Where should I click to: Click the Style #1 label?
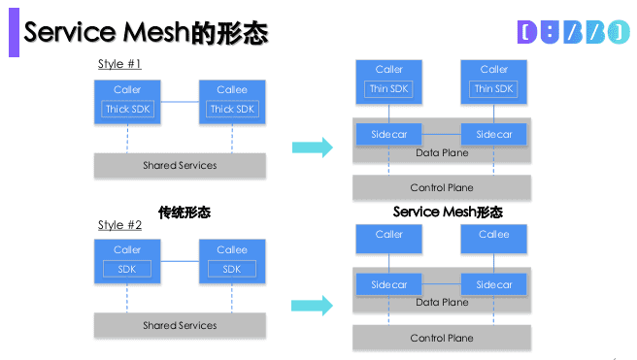(120, 64)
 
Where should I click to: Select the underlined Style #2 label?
(120, 225)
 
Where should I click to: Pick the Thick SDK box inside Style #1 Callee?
(232, 109)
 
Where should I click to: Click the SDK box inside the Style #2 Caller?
(127, 269)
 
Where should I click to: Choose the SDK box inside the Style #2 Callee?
(232, 269)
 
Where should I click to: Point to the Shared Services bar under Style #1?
(180, 165)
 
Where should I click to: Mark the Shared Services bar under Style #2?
(180, 325)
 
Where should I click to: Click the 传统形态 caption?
(184, 211)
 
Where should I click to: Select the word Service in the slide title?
(71, 33)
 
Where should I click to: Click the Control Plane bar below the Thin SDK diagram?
(442, 187)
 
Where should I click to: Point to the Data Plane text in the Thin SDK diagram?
(442, 152)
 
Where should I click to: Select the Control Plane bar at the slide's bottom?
(442, 338)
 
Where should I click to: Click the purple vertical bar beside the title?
(13, 32)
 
